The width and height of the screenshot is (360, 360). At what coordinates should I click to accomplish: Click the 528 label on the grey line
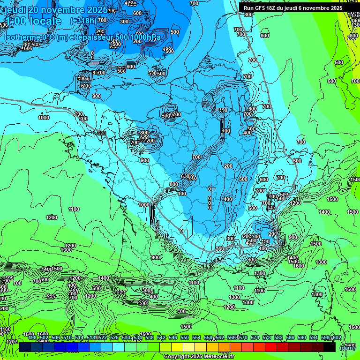tap(102, 134)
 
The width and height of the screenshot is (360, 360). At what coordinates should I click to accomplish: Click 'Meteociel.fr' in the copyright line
tap(216, 357)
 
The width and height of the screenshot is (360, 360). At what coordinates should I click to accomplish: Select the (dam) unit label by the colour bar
tap(347, 347)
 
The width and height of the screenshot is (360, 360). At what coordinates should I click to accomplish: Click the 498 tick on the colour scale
tap(32, 337)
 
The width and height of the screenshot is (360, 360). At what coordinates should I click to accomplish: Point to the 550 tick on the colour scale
tap(185, 337)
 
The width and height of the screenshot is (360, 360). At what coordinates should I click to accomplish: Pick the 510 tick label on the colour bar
tap(67, 337)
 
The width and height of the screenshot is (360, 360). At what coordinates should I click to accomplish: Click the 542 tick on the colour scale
tap(161, 337)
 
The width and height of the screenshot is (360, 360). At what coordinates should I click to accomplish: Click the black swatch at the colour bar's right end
tap(330, 347)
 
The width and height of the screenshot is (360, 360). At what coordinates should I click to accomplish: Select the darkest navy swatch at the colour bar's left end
tap(25, 347)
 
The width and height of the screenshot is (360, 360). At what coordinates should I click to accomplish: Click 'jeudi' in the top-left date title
tap(15, 10)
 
